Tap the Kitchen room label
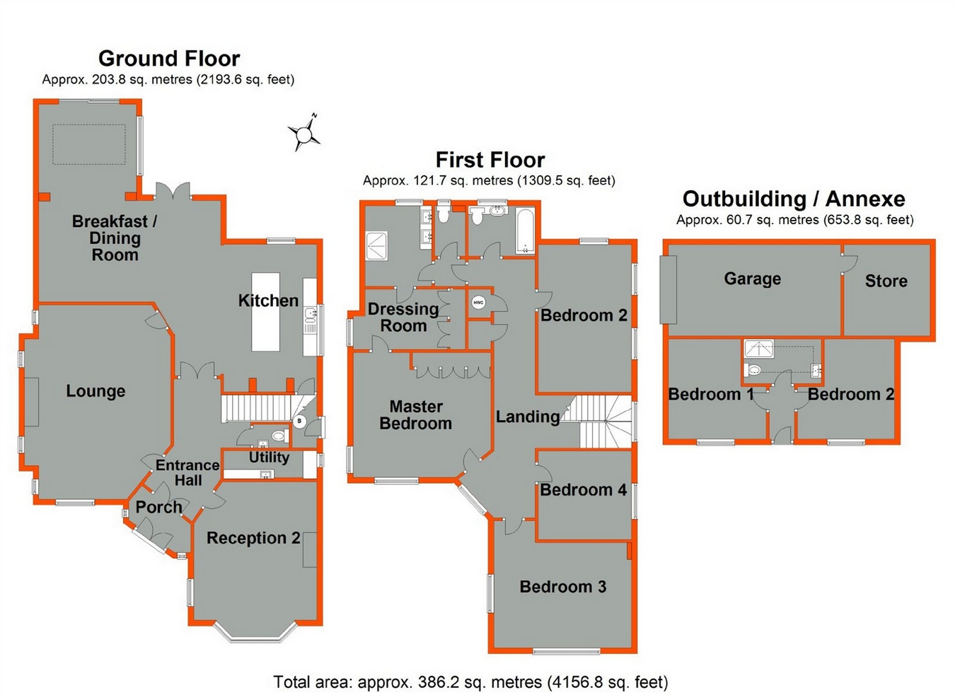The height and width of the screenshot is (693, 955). click(x=268, y=301)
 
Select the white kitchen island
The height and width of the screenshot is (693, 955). click(x=265, y=312)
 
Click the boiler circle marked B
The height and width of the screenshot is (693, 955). click(x=299, y=421)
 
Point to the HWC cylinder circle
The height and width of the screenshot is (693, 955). click(x=478, y=303)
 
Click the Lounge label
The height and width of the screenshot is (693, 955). click(x=96, y=391)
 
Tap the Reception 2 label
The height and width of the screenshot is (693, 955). click(x=253, y=538)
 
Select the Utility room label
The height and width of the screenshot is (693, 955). click(x=269, y=458)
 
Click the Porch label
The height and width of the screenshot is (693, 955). click(x=158, y=507)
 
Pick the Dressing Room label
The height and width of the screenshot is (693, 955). click(x=403, y=318)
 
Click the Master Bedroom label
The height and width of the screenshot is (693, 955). click(x=416, y=415)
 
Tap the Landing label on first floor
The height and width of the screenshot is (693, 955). click(x=528, y=417)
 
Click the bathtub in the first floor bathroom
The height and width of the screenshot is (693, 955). click(x=525, y=231)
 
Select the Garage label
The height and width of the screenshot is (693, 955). click(x=753, y=279)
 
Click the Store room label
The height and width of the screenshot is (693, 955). click(x=886, y=281)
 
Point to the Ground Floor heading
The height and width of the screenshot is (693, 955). click(x=169, y=59)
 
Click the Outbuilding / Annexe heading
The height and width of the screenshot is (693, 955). click(x=794, y=199)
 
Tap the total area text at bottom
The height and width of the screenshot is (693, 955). click(x=470, y=682)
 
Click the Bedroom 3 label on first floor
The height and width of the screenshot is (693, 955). click(x=563, y=587)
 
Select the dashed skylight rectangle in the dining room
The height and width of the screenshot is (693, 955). click(x=89, y=144)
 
